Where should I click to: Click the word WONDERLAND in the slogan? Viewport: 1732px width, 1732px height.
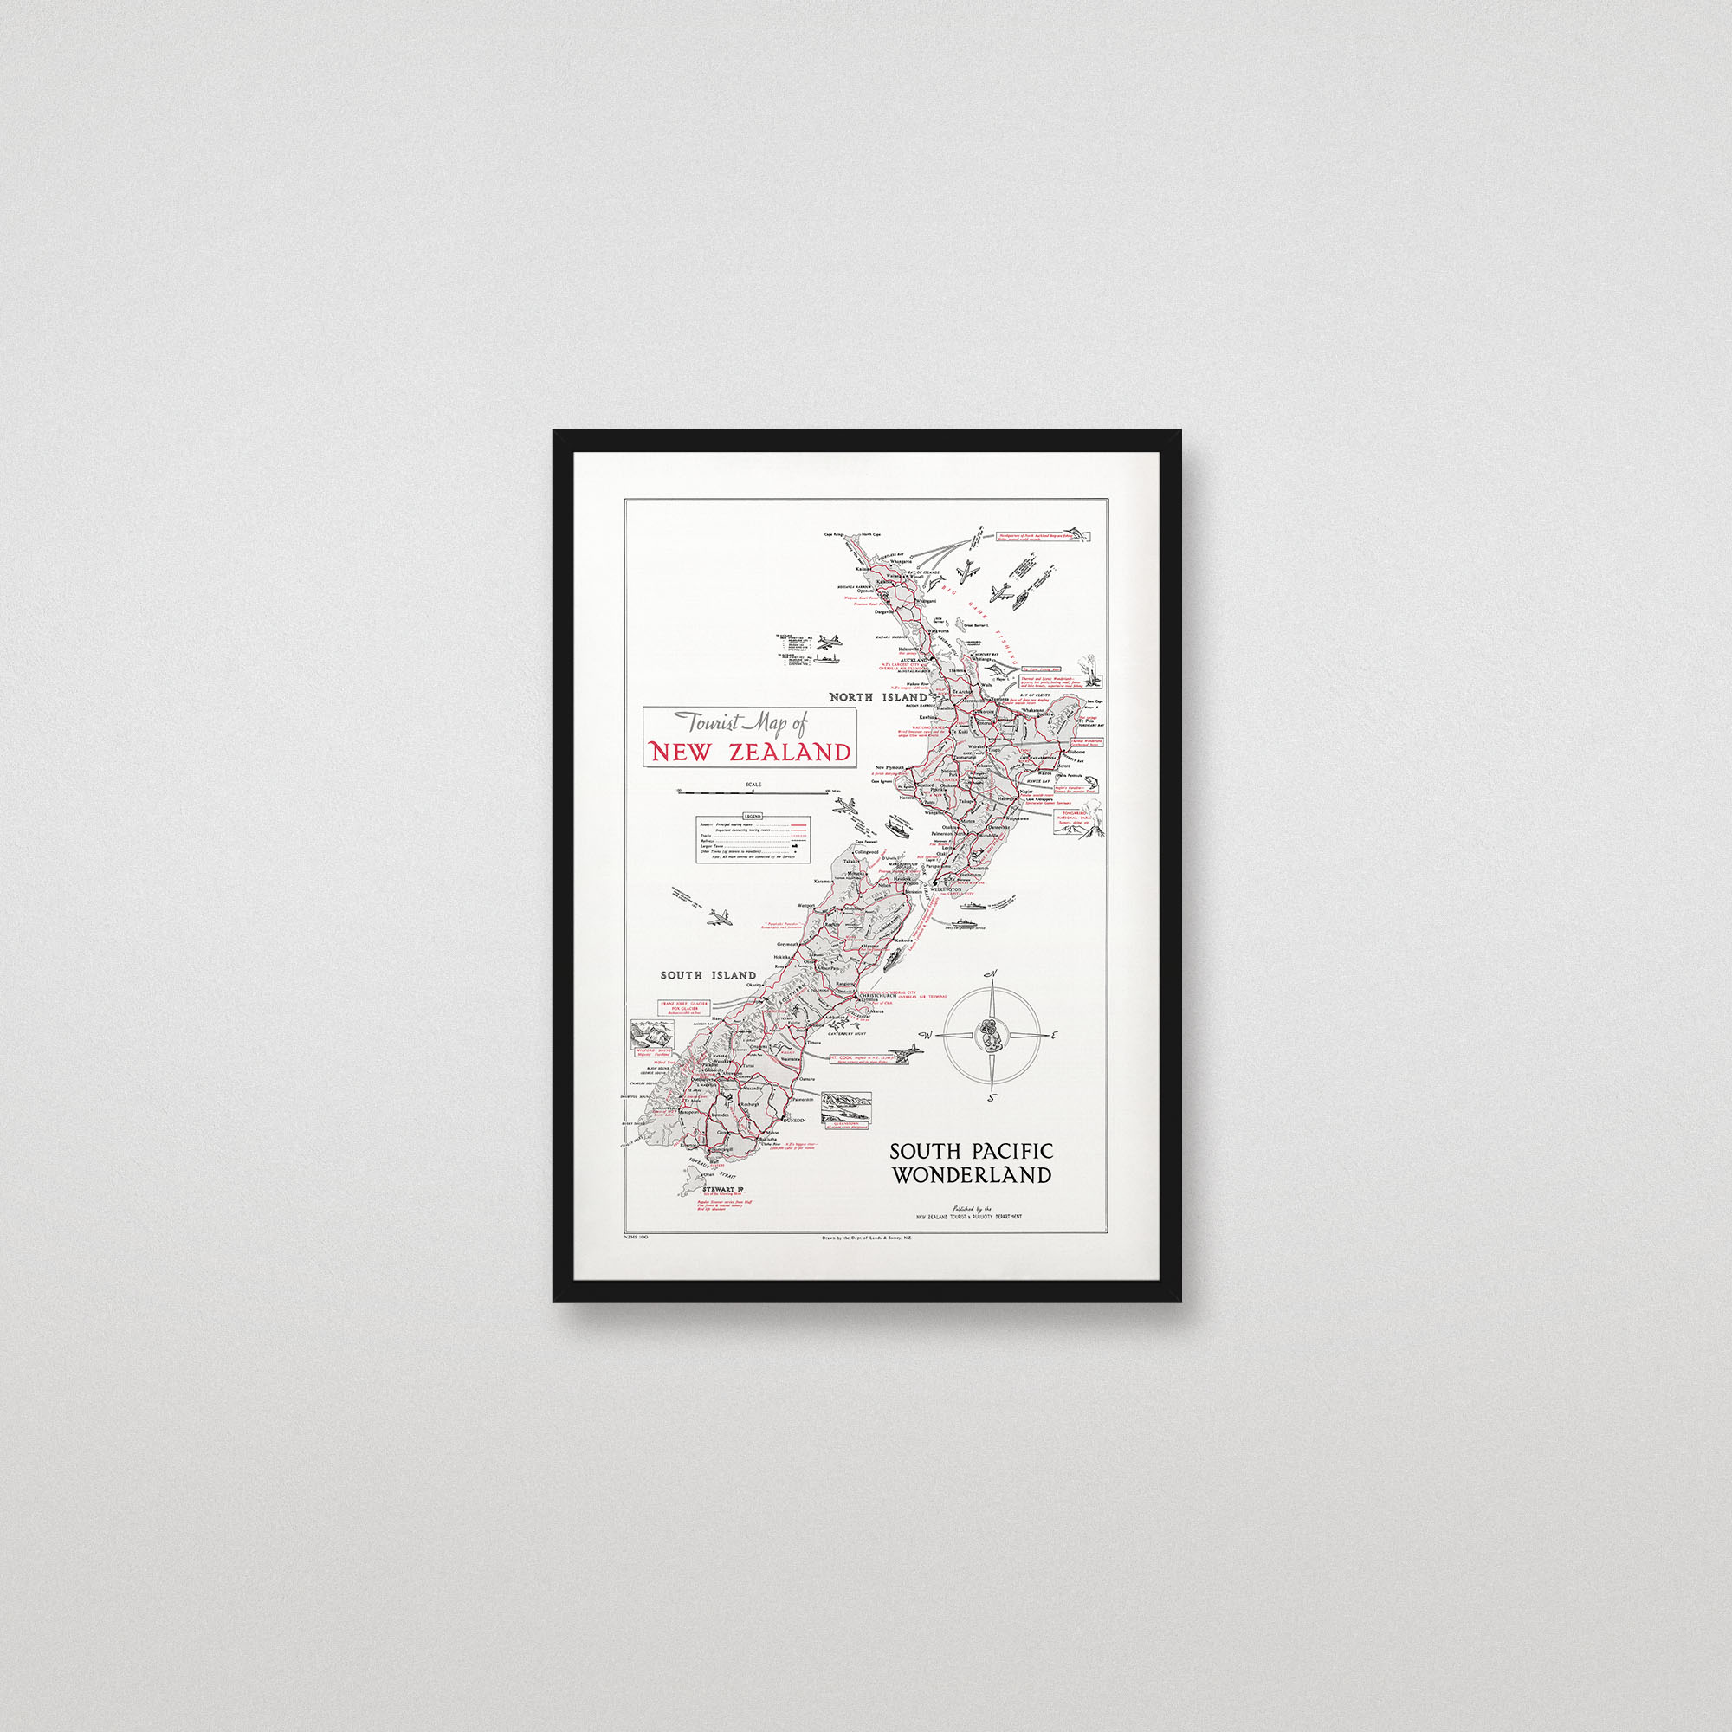point(971,1175)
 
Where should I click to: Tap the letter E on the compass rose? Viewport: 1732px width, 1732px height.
point(1054,1036)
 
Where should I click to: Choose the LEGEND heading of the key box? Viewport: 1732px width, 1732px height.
point(754,816)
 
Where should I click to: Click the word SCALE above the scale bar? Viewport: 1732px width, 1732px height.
point(753,785)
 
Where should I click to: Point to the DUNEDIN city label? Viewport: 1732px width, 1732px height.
point(794,1121)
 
